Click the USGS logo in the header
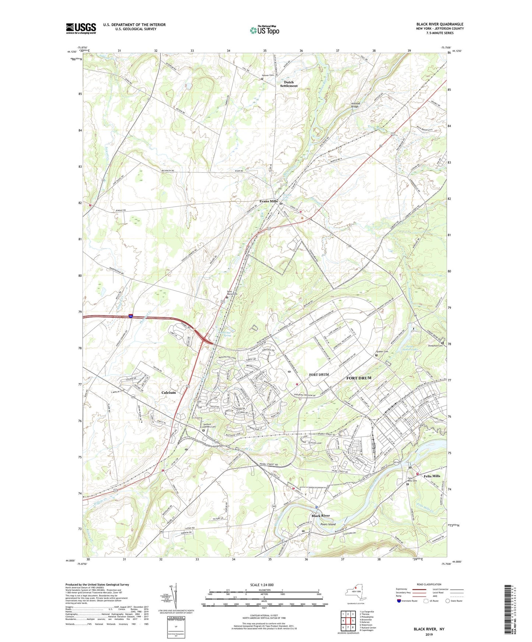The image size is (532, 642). pyautogui.click(x=81, y=28)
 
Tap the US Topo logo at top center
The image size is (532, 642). pyautogui.click(x=264, y=30)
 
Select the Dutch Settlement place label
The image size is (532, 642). pyautogui.click(x=289, y=84)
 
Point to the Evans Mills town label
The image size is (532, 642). pyautogui.click(x=268, y=201)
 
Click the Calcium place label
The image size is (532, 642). pyautogui.click(x=169, y=392)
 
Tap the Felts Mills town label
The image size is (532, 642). pyautogui.click(x=432, y=476)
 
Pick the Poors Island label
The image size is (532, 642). pyautogui.click(x=328, y=524)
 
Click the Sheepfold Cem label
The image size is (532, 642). pyautogui.click(x=435, y=346)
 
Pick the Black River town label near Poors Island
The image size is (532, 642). pyautogui.click(x=321, y=516)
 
